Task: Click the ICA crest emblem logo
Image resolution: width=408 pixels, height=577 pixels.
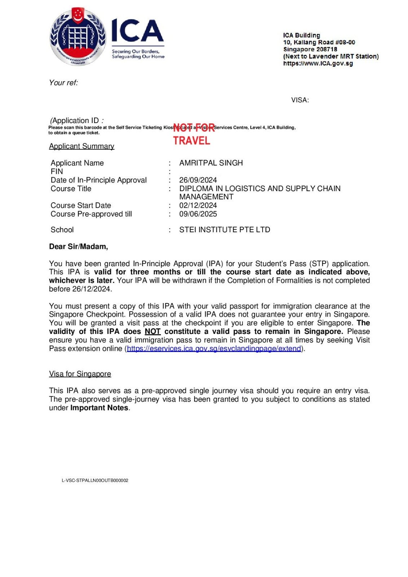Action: (x=78, y=37)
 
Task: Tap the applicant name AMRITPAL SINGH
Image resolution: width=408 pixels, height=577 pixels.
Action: (x=211, y=163)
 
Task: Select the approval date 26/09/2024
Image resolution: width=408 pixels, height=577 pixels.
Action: (x=198, y=180)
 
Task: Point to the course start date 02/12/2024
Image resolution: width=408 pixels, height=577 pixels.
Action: (x=198, y=206)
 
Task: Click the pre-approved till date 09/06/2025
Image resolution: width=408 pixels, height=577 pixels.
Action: (x=198, y=214)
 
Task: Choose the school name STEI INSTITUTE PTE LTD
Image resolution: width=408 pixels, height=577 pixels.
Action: (x=224, y=230)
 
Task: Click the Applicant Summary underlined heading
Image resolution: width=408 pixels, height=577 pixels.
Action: (x=82, y=146)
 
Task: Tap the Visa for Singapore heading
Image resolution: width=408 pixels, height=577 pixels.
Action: (x=80, y=374)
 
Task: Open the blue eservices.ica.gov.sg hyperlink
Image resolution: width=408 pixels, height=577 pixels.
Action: (x=214, y=349)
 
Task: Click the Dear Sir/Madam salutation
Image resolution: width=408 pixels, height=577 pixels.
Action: (x=78, y=247)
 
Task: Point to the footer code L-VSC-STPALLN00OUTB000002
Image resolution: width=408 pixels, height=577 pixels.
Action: (x=95, y=480)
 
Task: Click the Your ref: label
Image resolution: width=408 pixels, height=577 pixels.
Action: (x=63, y=83)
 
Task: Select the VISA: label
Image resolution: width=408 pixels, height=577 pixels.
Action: (x=300, y=100)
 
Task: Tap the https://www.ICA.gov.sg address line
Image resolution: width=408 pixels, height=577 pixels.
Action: (x=318, y=63)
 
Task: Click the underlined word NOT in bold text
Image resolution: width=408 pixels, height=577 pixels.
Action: (x=153, y=332)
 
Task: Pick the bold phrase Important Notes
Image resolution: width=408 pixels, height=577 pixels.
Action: (x=99, y=408)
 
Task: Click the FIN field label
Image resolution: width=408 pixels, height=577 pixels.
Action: (x=57, y=172)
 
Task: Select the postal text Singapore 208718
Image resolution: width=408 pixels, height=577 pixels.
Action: (x=310, y=49)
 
